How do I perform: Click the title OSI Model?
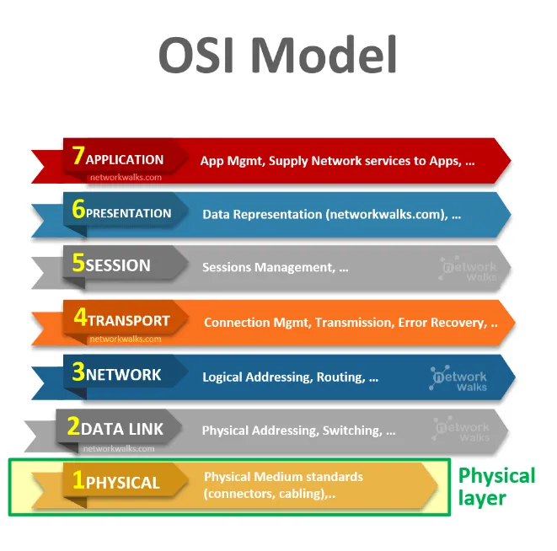tap(277, 56)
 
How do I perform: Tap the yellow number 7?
tap(78, 158)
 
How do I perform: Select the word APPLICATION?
tap(125, 159)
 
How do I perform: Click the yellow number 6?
tap(78, 211)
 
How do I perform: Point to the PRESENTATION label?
tap(129, 213)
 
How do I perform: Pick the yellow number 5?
tap(78, 265)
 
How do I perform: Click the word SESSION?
tap(119, 266)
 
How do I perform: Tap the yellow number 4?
tap(80, 319)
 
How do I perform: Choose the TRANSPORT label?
tap(129, 321)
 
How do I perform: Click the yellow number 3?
tap(78, 372)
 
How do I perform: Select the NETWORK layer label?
tap(123, 375)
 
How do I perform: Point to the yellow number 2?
tap(72, 427)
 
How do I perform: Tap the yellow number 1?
tap(78, 481)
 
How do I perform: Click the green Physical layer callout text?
tap(495, 487)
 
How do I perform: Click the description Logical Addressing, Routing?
tap(290, 377)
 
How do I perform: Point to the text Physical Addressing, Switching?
tap(298, 431)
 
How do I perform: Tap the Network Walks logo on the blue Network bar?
tap(460, 377)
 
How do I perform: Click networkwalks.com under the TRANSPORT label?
tap(125, 340)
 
